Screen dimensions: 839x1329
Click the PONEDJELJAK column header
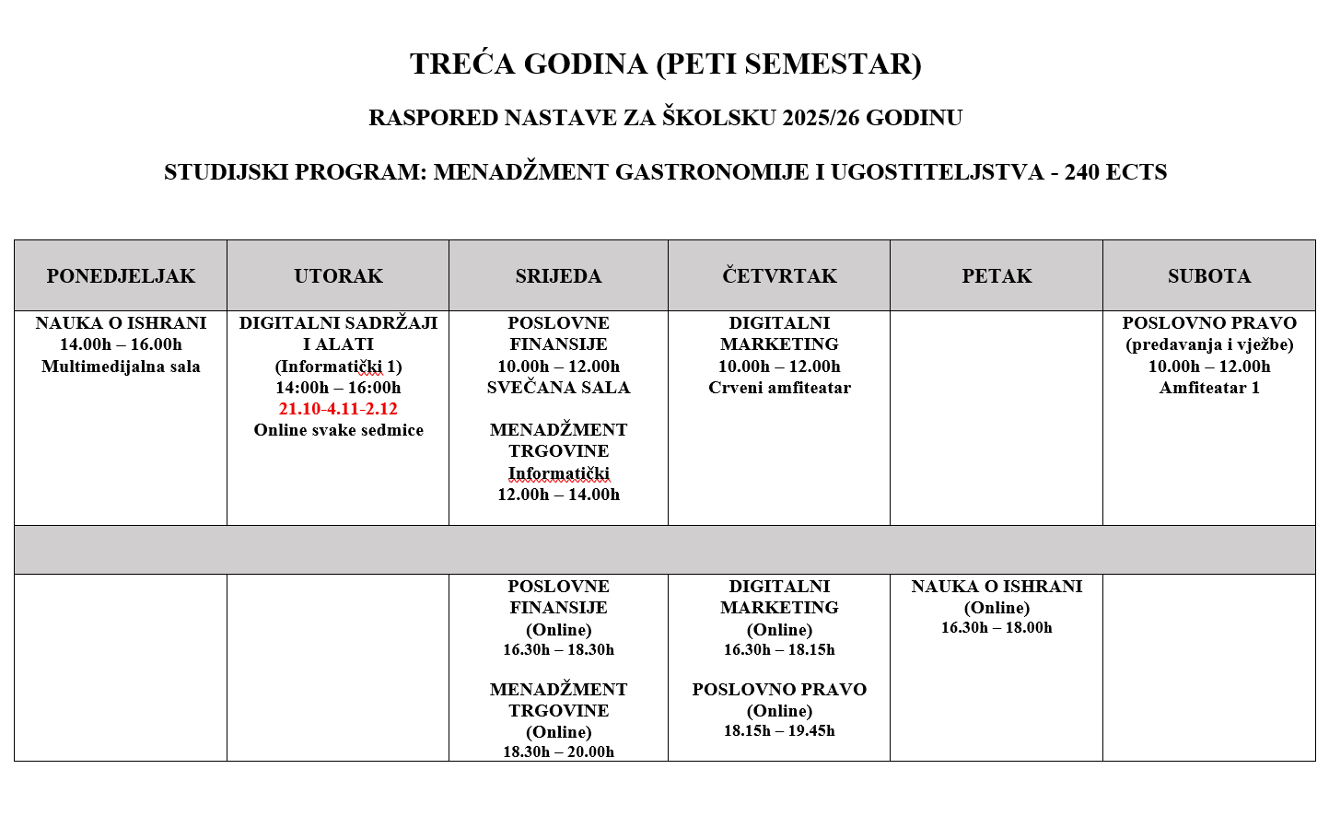click(121, 276)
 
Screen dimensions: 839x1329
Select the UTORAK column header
click(338, 276)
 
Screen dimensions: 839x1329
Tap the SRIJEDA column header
click(558, 276)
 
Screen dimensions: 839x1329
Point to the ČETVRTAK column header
click(779, 276)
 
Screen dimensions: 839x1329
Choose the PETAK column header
click(997, 276)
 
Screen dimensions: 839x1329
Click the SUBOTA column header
click(1208, 276)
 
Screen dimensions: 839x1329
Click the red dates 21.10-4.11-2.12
click(338, 409)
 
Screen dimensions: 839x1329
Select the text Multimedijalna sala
click(121, 367)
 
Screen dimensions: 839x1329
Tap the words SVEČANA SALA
click(558, 388)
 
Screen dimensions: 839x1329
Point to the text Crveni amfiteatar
click(779, 388)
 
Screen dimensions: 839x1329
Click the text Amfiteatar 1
click(1208, 388)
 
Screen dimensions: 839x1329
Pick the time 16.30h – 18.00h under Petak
click(997, 628)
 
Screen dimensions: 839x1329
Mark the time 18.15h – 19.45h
click(779, 731)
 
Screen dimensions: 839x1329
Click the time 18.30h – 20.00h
click(558, 752)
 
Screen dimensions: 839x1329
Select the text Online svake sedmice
click(338, 430)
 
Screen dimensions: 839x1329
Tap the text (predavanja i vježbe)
click(1208, 345)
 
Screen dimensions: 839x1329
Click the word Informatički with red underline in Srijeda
click(558, 473)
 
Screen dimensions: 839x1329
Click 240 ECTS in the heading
click(1115, 172)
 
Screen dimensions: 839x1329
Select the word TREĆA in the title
click(463, 64)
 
